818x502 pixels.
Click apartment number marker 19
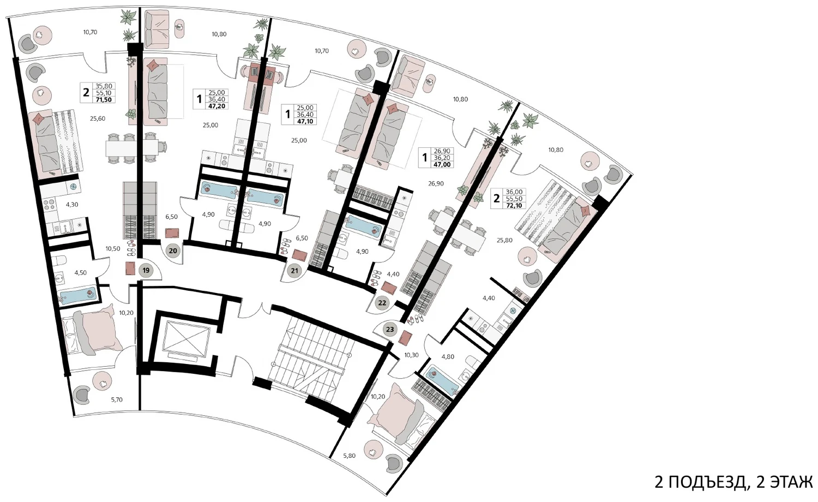click(146, 271)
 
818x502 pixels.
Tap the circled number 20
click(173, 251)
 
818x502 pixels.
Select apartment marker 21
click(294, 271)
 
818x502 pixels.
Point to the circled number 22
click(382, 303)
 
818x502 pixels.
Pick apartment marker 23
click(390, 330)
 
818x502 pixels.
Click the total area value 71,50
click(104, 99)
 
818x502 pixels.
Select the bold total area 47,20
click(216, 106)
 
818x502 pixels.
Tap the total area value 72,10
click(514, 206)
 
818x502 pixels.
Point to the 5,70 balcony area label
click(117, 400)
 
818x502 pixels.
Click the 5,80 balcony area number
click(349, 456)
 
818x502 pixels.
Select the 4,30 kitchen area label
click(72, 205)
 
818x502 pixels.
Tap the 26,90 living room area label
click(436, 184)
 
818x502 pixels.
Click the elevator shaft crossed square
click(187, 338)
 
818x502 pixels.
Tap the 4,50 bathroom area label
click(80, 273)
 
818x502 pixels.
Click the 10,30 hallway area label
click(411, 355)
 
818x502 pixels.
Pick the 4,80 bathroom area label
click(448, 357)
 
